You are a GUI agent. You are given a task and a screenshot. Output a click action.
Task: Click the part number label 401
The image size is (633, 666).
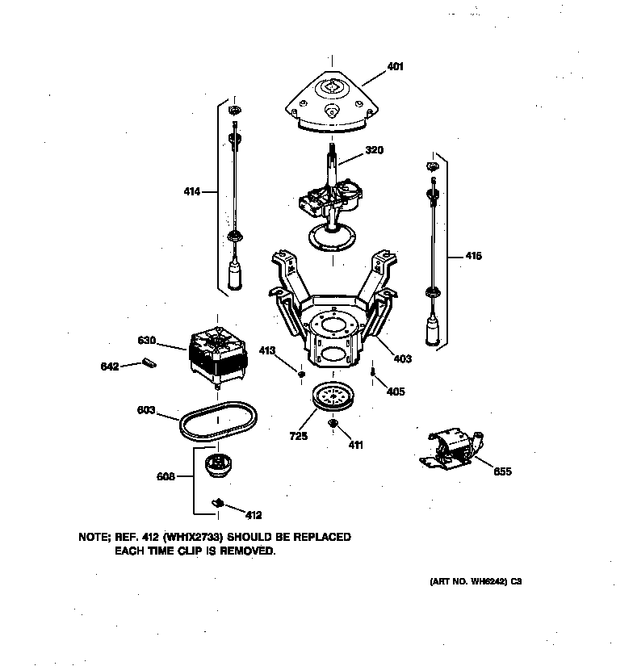click(395, 66)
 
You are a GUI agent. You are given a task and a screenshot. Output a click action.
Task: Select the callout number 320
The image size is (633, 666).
click(374, 150)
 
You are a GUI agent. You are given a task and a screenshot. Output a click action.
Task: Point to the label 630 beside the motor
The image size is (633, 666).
click(147, 340)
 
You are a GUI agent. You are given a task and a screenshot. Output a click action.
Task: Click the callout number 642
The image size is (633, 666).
click(110, 367)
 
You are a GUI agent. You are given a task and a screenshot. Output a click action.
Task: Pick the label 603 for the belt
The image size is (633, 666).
click(146, 411)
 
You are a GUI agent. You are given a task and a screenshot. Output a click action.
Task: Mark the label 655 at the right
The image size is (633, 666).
click(501, 471)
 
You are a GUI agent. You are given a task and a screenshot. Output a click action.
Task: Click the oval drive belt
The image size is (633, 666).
click(219, 422)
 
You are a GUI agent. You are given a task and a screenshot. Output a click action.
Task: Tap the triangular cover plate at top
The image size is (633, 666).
click(331, 101)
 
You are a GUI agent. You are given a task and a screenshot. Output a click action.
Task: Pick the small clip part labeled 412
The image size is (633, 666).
click(217, 502)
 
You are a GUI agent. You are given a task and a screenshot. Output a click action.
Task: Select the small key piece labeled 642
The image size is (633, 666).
click(147, 362)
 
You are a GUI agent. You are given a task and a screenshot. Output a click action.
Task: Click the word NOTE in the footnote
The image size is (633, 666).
click(95, 537)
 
